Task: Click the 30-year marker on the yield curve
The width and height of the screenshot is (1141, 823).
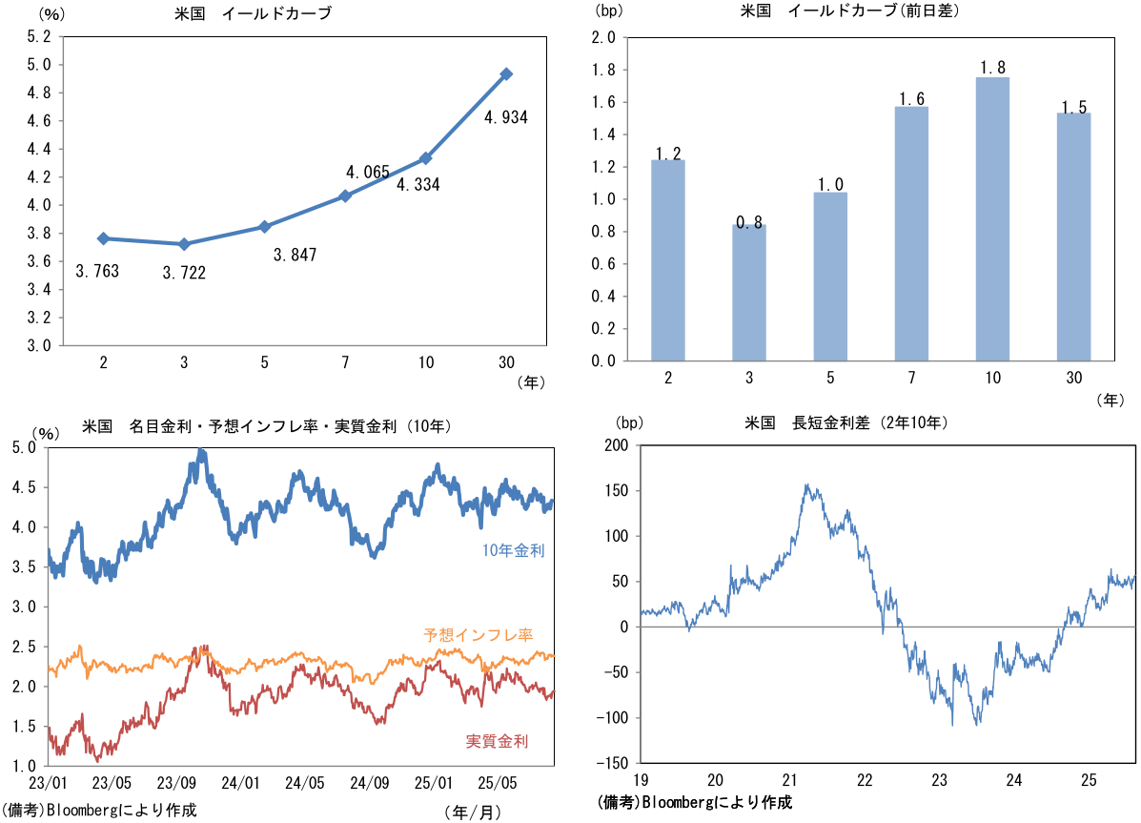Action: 507,73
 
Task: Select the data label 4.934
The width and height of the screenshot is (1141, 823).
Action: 506,117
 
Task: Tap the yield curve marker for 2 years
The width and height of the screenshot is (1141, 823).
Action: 103,238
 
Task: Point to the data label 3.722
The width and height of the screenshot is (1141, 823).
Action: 183,273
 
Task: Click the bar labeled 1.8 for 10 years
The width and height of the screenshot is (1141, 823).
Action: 993,218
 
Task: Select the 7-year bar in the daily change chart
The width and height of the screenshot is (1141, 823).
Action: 912,234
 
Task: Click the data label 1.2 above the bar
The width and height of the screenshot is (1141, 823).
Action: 669,153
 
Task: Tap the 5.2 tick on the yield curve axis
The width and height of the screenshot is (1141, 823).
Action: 39,37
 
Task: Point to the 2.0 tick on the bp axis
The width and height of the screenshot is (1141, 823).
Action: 603,38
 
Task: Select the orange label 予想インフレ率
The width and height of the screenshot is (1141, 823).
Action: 478,634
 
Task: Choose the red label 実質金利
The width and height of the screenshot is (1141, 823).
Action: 497,741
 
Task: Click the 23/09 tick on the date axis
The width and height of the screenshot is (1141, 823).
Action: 176,783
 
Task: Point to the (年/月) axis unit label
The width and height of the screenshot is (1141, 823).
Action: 472,812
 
